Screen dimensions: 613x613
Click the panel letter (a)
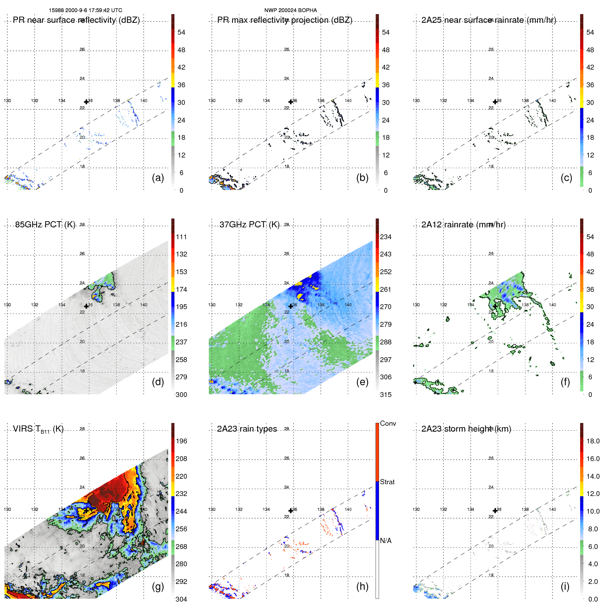pos(158,178)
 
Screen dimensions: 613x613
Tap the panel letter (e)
pos(362,382)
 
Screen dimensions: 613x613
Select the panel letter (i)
pos(565,586)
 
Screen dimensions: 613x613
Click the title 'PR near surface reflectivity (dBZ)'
pos(76,20)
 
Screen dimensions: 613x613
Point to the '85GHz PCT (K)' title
pos(45,225)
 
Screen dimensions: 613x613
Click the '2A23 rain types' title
pos(247,429)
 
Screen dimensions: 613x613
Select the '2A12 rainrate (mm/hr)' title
pos(463,225)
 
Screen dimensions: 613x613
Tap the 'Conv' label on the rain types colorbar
pos(388,423)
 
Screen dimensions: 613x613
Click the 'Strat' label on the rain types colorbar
pos(387,482)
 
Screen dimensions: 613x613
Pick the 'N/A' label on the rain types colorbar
pos(386,541)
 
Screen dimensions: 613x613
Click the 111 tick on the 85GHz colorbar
pos(181,237)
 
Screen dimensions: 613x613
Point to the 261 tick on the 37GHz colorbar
pos(386,289)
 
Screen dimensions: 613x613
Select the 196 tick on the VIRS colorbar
pos(181,441)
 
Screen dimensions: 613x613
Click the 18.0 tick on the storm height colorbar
pos(593,441)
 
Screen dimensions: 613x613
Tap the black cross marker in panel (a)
pos(87,102)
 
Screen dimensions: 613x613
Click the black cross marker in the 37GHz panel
pos(291,306)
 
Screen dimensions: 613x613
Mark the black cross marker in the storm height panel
pos(495,511)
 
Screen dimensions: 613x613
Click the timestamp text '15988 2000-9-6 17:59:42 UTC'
pos(85,10)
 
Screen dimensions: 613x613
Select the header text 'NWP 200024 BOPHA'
pos(290,10)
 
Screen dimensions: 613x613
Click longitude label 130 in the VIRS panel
pos(7,510)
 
